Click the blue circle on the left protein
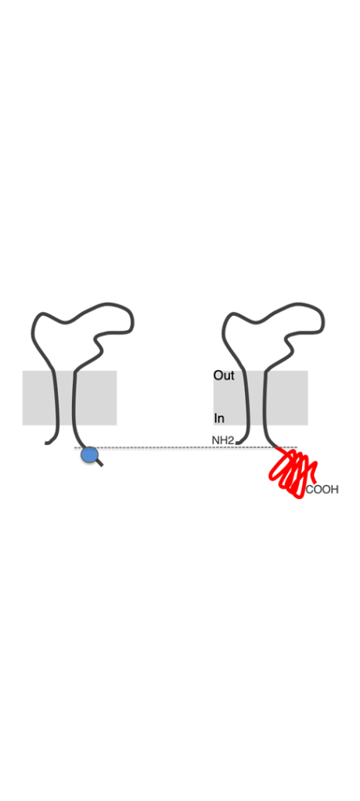coord(89,454)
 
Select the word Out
coord(224,375)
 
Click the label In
coord(219,418)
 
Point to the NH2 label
coord(223,440)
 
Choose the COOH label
coord(322,490)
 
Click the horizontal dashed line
coord(185,447)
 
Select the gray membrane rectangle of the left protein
coord(70,398)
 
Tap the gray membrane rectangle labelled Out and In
coord(261,398)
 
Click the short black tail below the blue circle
coord(99,462)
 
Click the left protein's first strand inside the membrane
coord(56,398)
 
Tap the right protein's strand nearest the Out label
coord(247,398)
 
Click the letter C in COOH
coord(310,490)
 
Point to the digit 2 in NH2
coord(231,440)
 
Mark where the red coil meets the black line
coord(276,447)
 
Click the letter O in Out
coord(218,375)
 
